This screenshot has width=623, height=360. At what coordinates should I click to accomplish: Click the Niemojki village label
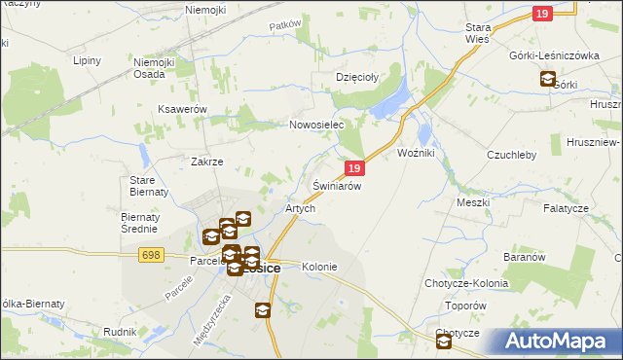tap(205, 10)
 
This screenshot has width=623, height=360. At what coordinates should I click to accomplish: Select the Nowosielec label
tap(317, 125)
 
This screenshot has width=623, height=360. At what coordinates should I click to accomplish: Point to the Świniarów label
tap(337, 185)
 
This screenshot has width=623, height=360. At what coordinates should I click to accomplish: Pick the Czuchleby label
tap(511, 154)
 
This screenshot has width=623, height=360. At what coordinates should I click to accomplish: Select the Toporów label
tap(463, 305)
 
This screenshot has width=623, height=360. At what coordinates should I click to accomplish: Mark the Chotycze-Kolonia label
tap(466, 283)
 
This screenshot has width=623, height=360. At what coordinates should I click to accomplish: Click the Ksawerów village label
tap(182, 110)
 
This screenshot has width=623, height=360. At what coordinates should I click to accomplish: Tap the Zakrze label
tap(207, 162)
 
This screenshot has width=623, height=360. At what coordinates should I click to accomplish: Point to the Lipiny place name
tap(89, 60)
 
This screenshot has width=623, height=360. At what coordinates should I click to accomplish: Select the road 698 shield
tap(150, 254)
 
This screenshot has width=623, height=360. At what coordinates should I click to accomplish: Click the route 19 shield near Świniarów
tap(354, 168)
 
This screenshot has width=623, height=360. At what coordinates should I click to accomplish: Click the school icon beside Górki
tap(547, 80)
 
